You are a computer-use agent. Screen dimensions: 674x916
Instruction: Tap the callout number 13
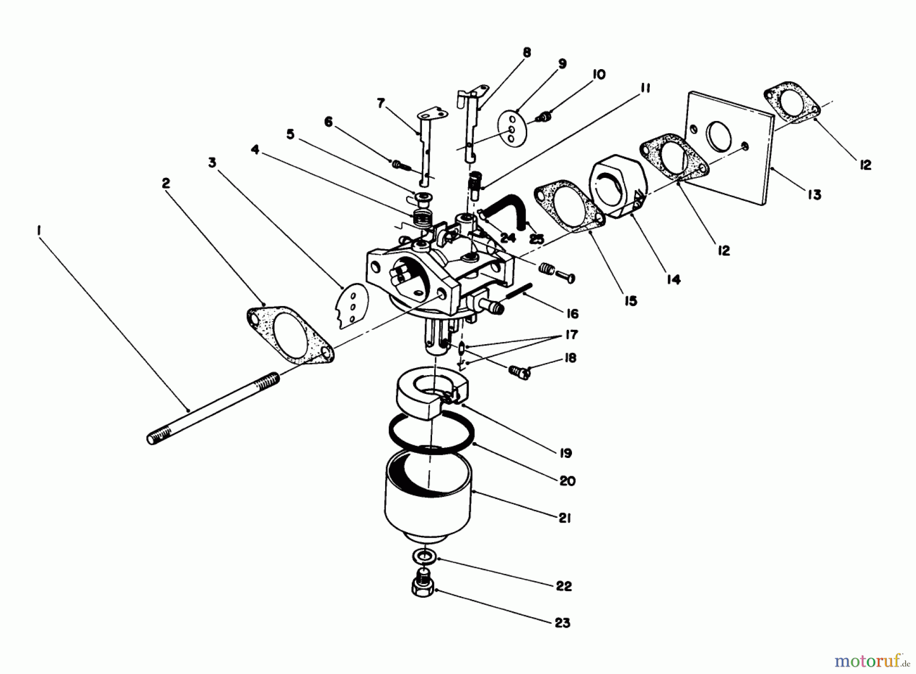click(x=814, y=194)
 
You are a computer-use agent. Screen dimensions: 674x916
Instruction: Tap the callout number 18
click(x=570, y=358)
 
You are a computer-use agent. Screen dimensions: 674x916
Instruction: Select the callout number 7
click(x=381, y=104)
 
